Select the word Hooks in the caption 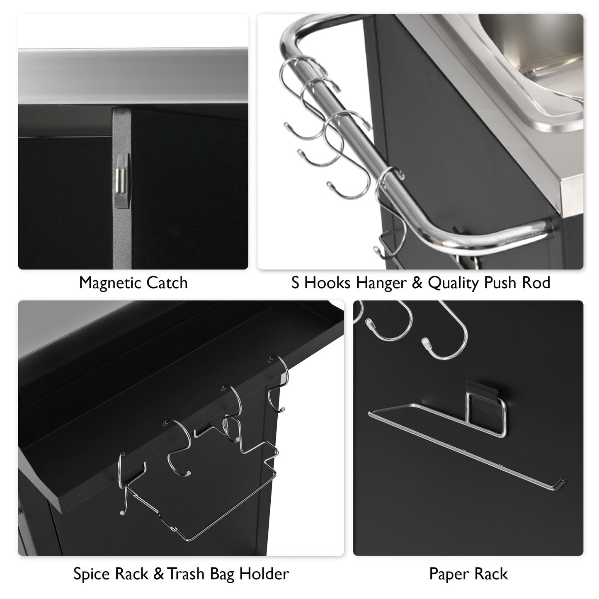pos(329,283)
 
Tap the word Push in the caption pos(502,283)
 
